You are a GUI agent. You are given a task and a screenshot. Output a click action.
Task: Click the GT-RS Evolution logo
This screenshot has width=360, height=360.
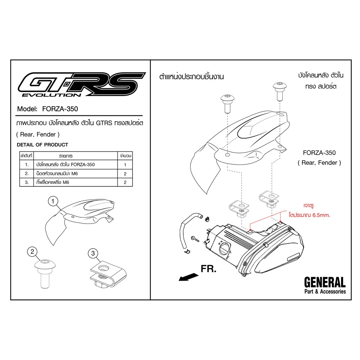(82, 84)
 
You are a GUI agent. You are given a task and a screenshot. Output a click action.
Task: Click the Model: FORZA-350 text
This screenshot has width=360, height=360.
(47, 109)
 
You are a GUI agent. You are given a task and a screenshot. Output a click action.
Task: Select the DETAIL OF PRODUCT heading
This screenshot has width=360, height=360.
(43, 144)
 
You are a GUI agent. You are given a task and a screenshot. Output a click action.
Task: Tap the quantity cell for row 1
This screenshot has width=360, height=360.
(125, 165)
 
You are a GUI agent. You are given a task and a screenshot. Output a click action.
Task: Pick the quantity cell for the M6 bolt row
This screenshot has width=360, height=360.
(125, 174)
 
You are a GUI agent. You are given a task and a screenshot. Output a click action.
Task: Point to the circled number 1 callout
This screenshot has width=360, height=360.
(53, 201)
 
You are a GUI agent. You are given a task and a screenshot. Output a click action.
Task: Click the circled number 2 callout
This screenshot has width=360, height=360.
(32, 252)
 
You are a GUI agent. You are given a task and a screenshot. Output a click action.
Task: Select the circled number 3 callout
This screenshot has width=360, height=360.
(93, 253)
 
